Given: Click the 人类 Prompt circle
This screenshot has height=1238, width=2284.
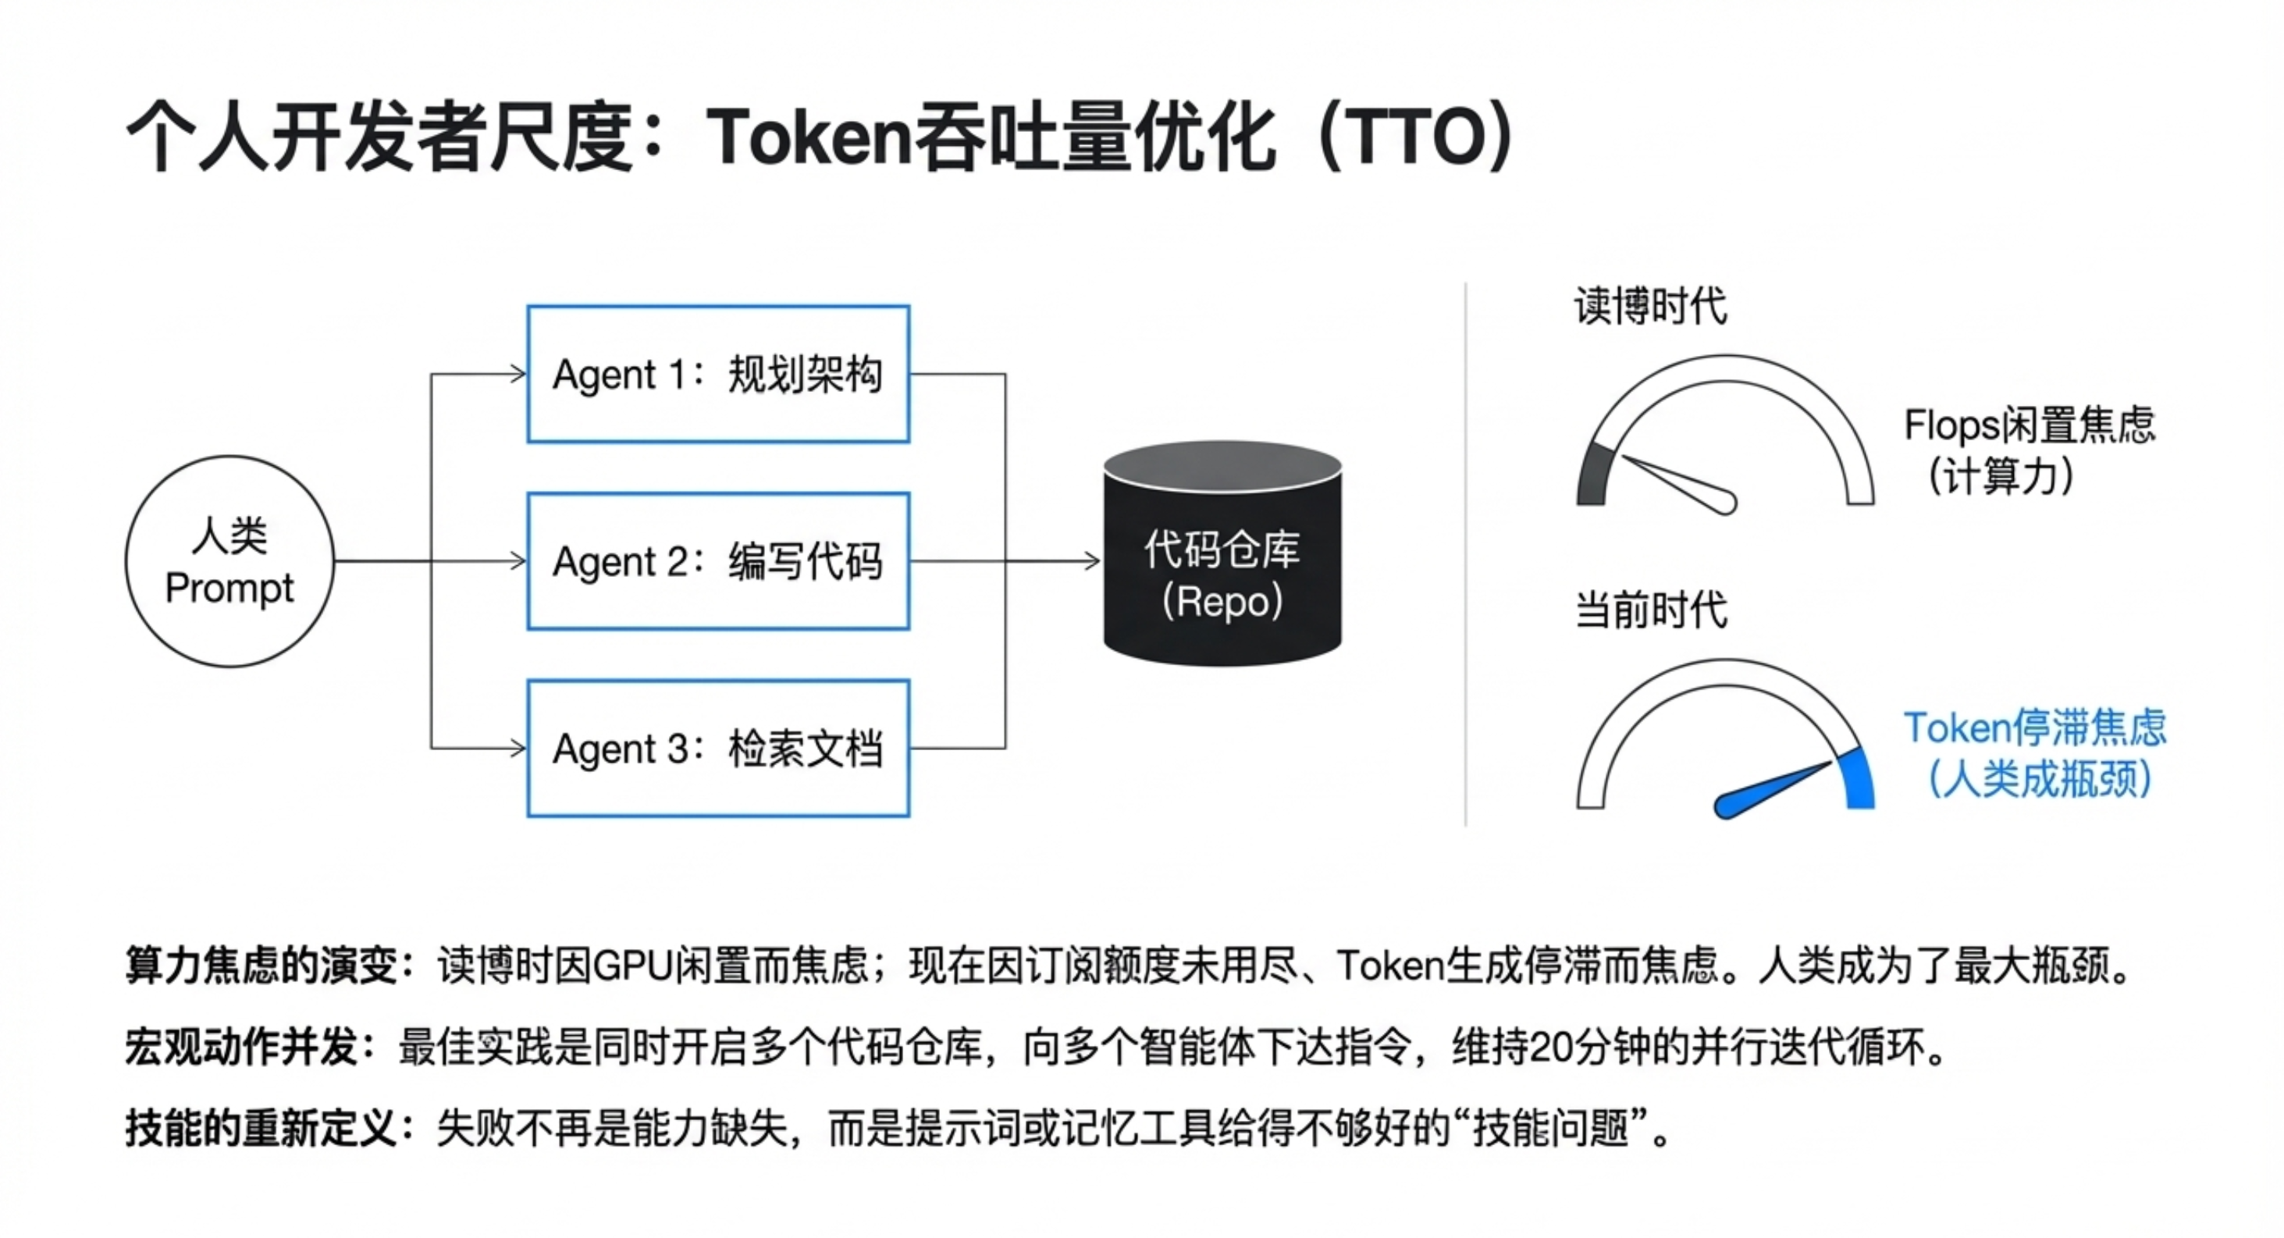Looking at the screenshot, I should pyautogui.click(x=229, y=561).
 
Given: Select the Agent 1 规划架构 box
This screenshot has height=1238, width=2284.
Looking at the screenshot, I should pyautogui.click(x=718, y=374).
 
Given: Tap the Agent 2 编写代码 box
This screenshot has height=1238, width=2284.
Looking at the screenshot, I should pyautogui.click(x=718, y=561).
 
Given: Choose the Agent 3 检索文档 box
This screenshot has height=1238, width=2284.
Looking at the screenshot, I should pyautogui.click(x=718, y=749).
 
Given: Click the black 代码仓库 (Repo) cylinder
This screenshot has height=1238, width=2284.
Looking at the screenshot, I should pyautogui.click(x=1222, y=567).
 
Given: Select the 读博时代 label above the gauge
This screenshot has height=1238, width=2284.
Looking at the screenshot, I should pyautogui.click(x=1650, y=307).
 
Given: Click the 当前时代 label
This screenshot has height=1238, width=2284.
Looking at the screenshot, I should pyautogui.click(x=1650, y=611).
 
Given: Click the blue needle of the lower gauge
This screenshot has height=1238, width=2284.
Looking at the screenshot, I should pyautogui.click(x=1769, y=789).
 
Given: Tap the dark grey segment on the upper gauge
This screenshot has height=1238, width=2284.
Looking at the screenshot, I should pyautogui.click(x=1593, y=475).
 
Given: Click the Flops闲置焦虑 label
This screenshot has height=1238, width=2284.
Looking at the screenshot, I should pyautogui.click(x=2029, y=425).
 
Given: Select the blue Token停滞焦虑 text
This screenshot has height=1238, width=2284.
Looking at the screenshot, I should pyautogui.click(x=2035, y=729).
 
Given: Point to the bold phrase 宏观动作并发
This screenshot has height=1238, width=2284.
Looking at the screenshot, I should pyautogui.click(x=241, y=1048).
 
